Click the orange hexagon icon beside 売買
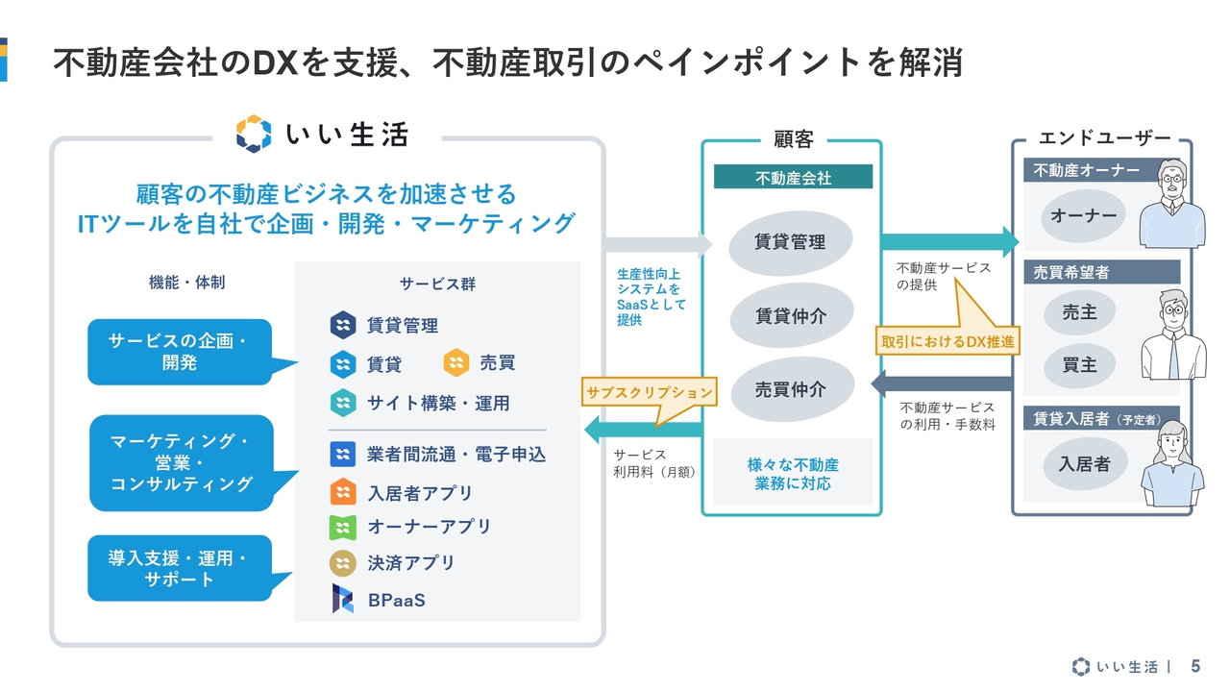(x=456, y=362)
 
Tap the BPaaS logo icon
(x=343, y=599)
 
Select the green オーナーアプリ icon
(x=343, y=528)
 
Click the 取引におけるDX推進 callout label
(x=947, y=341)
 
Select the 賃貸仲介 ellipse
(x=791, y=315)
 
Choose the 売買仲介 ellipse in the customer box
(x=791, y=389)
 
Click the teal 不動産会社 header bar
(x=793, y=177)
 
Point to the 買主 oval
(x=1079, y=364)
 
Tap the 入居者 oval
(x=1085, y=464)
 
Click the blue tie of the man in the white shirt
(x=1173, y=356)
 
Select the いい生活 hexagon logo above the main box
(x=253, y=134)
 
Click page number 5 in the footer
(x=1195, y=666)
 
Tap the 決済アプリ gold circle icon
(x=343, y=563)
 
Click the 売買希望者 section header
(x=1101, y=272)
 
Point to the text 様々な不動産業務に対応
(x=793, y=474)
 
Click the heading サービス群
(x=437, y=284)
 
